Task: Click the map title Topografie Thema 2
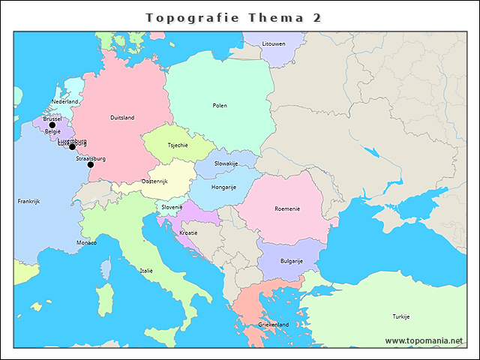[233, 17]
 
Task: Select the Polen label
[220, 106]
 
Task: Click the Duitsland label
[122, 118]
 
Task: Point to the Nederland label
[65, 101]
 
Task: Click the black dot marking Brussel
[52, 125]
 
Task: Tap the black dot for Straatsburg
[90, 164]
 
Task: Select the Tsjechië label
[178, 145]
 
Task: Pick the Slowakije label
[226, 163]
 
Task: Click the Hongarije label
[224, 187]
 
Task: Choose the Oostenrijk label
[154, 181]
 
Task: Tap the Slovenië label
[172, 207]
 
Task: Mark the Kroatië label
[189, 232]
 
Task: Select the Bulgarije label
[291, 261]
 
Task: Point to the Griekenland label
[273, 324]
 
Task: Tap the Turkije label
[400, 316]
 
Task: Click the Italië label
[145, 270]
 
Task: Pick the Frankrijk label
[28, 202]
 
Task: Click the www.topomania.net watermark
[424, 340]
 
